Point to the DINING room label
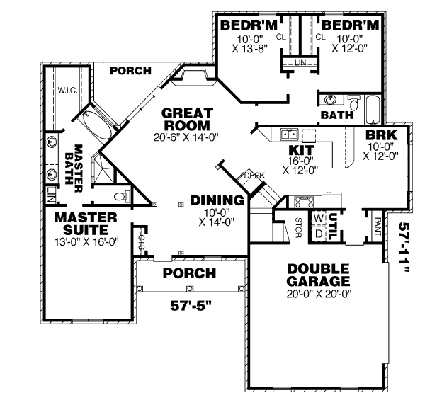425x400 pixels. [218, 201]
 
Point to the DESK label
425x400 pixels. [254, 176]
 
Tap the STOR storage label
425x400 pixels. [298, 226]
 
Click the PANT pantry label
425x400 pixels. [378, 226]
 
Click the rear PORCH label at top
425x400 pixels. [131, 71]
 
